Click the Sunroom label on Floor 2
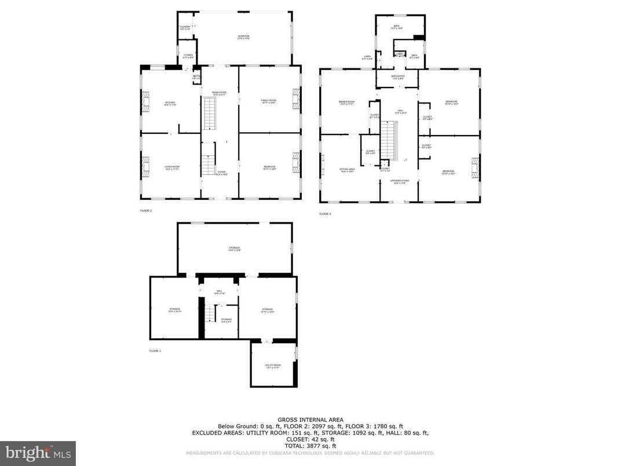[x=243, y=37]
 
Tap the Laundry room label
[x=185, y=28]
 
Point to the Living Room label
[x=170, y=168]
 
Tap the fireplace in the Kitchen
[x=145, y=102]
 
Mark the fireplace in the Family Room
[x=297, y=99]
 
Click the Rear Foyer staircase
[x=209, y=113]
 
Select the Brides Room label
[x=346, y=103]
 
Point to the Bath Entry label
[x=397, y=77]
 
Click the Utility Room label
[x=272, y=366]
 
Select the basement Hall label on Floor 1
[x=220, y=292]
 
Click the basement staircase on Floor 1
[x=211, y=314]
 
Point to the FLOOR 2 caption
[x=146, y=211]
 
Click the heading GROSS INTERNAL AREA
[x=310, y=420]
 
